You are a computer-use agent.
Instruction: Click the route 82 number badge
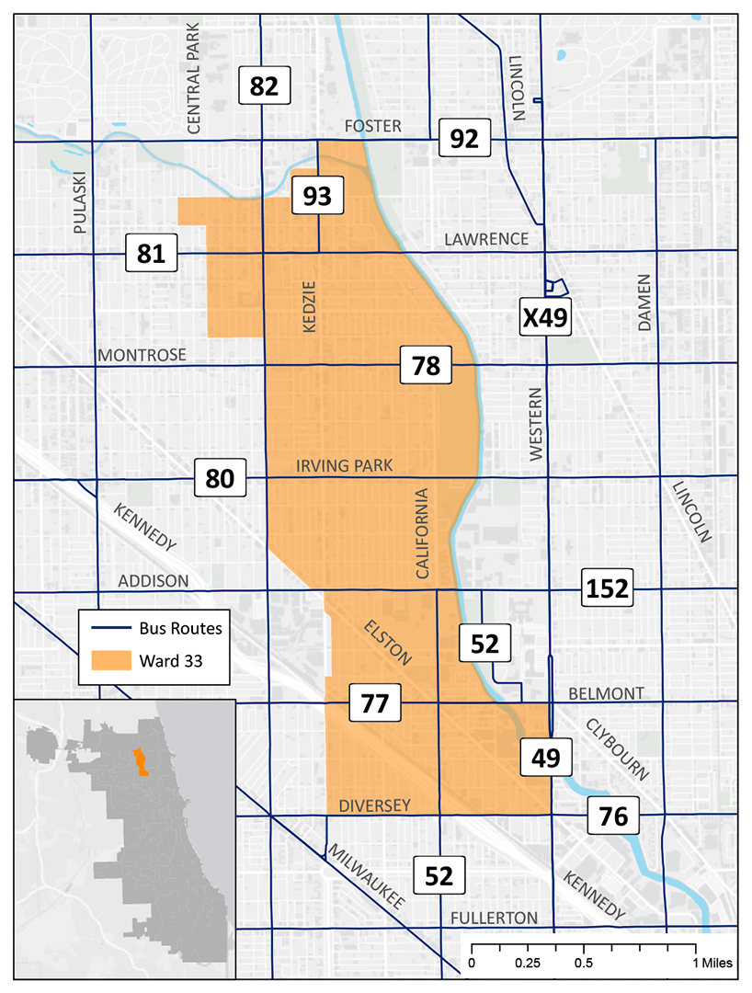click(264, 86)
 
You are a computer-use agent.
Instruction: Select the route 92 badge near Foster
click(465, 139)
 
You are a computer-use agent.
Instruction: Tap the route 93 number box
click(317, 195)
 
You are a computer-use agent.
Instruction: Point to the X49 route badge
click(545, 317)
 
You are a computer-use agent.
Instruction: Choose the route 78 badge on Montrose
click(426, 366)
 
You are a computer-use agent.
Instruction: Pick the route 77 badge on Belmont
click(375, 705)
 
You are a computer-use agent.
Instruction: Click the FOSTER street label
click(372, 126)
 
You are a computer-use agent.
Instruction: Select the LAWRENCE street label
click(486, 239)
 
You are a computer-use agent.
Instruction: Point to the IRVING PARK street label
click(344, 466)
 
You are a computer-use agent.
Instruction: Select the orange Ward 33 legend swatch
click(107, 659)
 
